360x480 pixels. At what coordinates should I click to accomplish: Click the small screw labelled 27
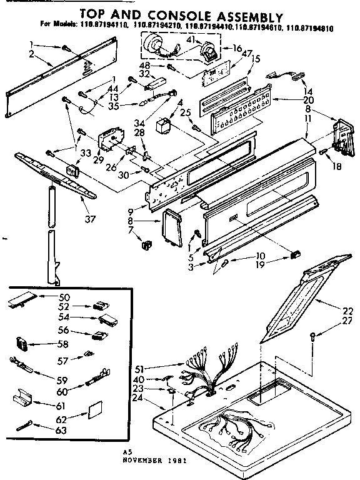pos(312,338)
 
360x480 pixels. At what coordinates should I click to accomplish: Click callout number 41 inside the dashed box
pos(189,39)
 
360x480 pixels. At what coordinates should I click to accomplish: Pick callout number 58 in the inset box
pos(63,343)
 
